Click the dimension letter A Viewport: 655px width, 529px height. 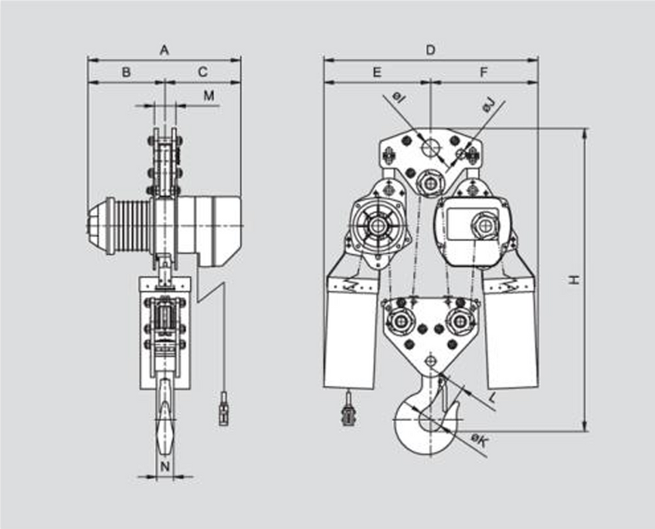pos(164,50)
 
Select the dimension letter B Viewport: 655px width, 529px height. pos(126,73)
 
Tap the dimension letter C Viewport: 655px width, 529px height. pos(202,73)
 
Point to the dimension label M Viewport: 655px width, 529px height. pos(209,96)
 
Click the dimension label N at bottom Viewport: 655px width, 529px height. pos(165,467)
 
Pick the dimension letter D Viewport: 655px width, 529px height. pos(431,50)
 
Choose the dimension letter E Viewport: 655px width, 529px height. pos(377,73)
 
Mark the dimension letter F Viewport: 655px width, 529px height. pos(484,73)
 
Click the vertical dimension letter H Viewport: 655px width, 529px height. pos(575,279)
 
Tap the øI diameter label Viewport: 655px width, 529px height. pos(398,97)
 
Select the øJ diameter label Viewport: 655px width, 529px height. pos(489,104)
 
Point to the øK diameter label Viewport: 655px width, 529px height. pos(478,441)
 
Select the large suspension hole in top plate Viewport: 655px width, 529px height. pos(431,147)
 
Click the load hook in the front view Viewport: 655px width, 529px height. pos(428,412)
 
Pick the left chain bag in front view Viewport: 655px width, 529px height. pos(351,333)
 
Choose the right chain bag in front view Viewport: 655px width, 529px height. pos(511,333)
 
